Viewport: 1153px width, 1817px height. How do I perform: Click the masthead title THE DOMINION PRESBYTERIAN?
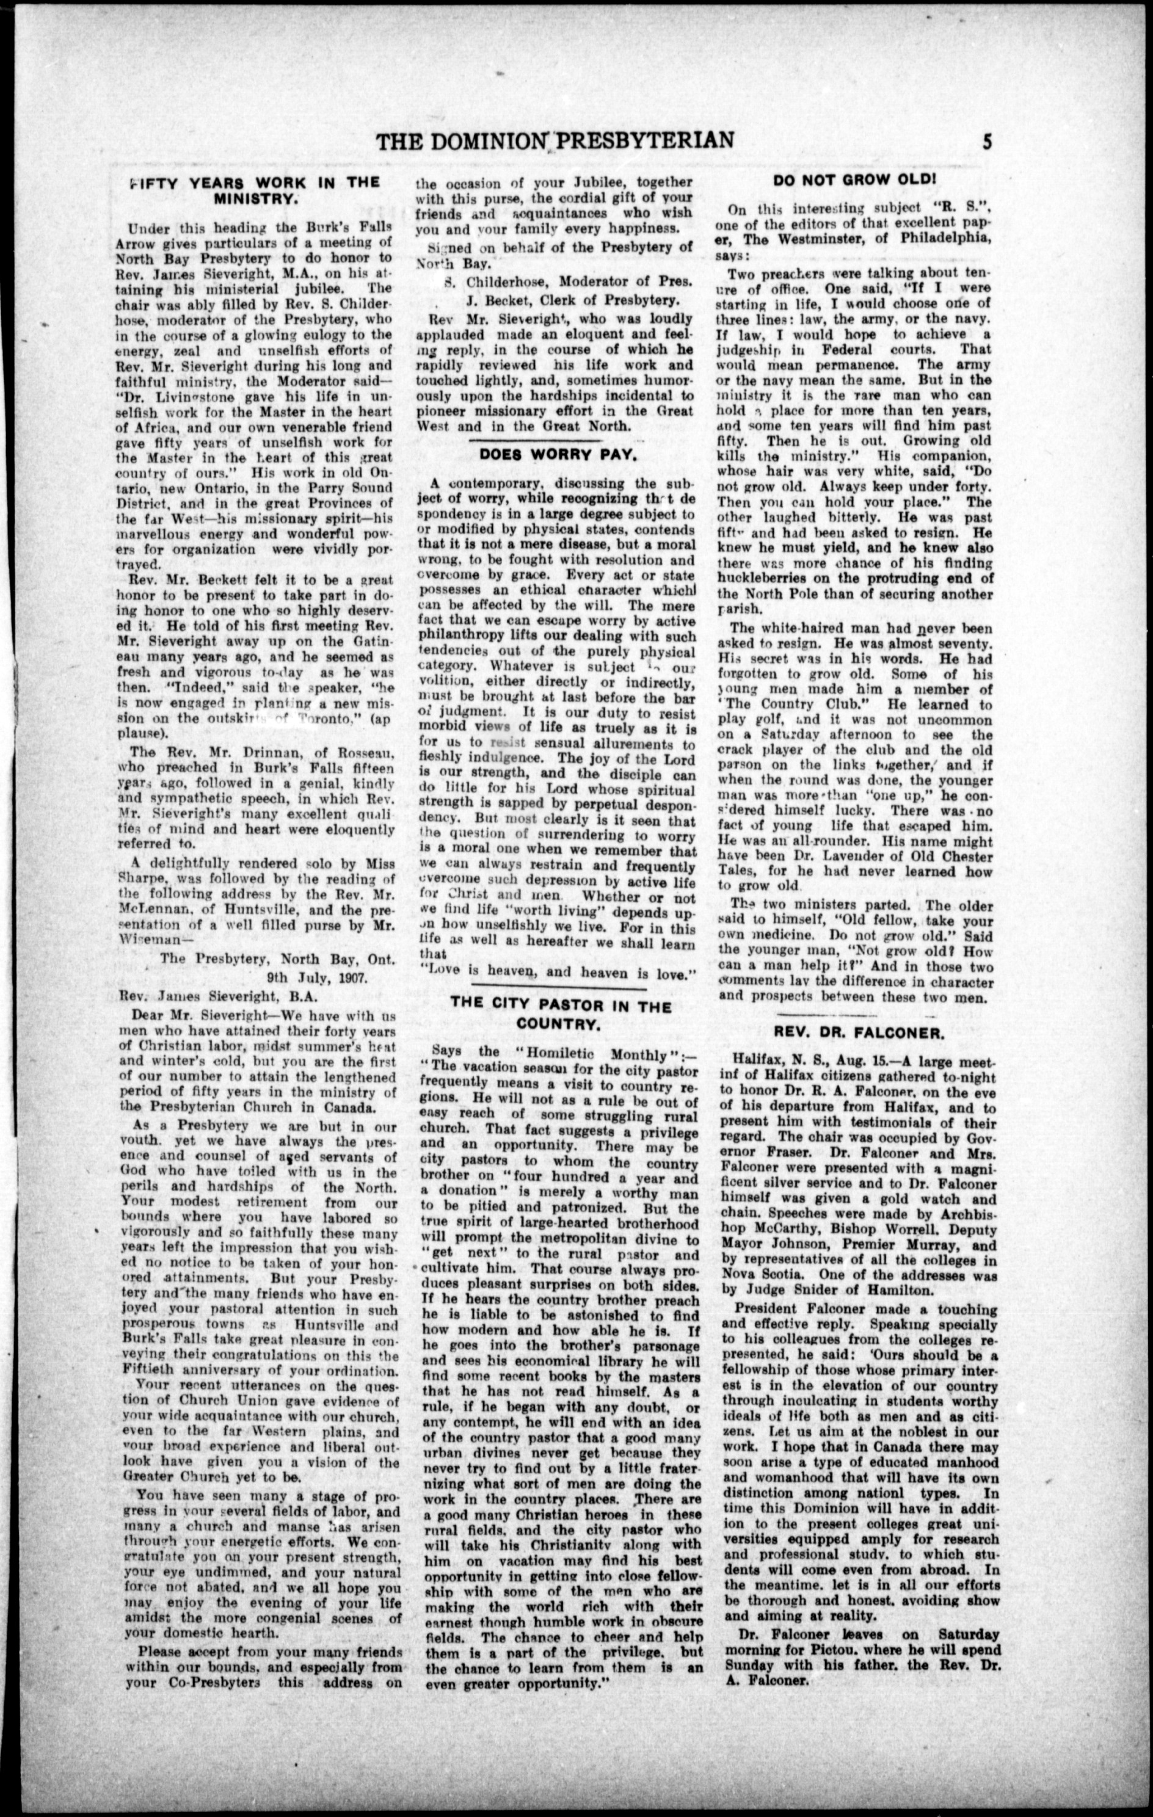[556, 141]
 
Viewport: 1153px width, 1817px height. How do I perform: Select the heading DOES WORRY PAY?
[557, 455]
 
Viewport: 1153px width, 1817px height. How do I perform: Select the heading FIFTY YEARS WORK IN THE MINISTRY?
[254, 190]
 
